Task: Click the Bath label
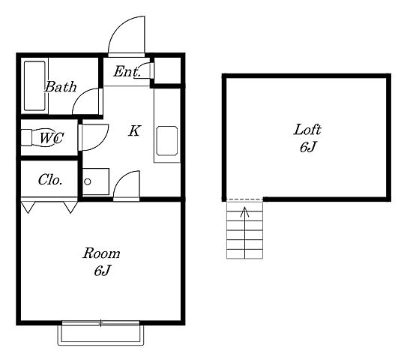click(x=61, y=86)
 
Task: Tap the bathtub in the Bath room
click(x=34, y=86)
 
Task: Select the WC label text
click(x=52, y=138)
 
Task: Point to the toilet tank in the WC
click(x=26, y=137)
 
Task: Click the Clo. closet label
click(x=50, y=180)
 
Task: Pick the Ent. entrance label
click(x=127, y=71)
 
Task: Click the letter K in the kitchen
click(x=135, y=130)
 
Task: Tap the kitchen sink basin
click(x=167, y=141)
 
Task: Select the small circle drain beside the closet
click(x=88, y=181)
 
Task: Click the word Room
click(x=101, y=253)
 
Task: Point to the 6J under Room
click(x=101, y=271)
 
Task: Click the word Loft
click(x=307, y=130)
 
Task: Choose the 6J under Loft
click(x=307, y=147)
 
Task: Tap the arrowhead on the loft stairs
click(x=244, y=211)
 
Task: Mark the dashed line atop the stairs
click(x=245, y=199)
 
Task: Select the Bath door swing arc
click(x=80, y=95)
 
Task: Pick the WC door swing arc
click(x=103, y=142)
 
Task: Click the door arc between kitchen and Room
click(x=121, y=178)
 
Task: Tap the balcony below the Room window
click(x=100, y=335)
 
